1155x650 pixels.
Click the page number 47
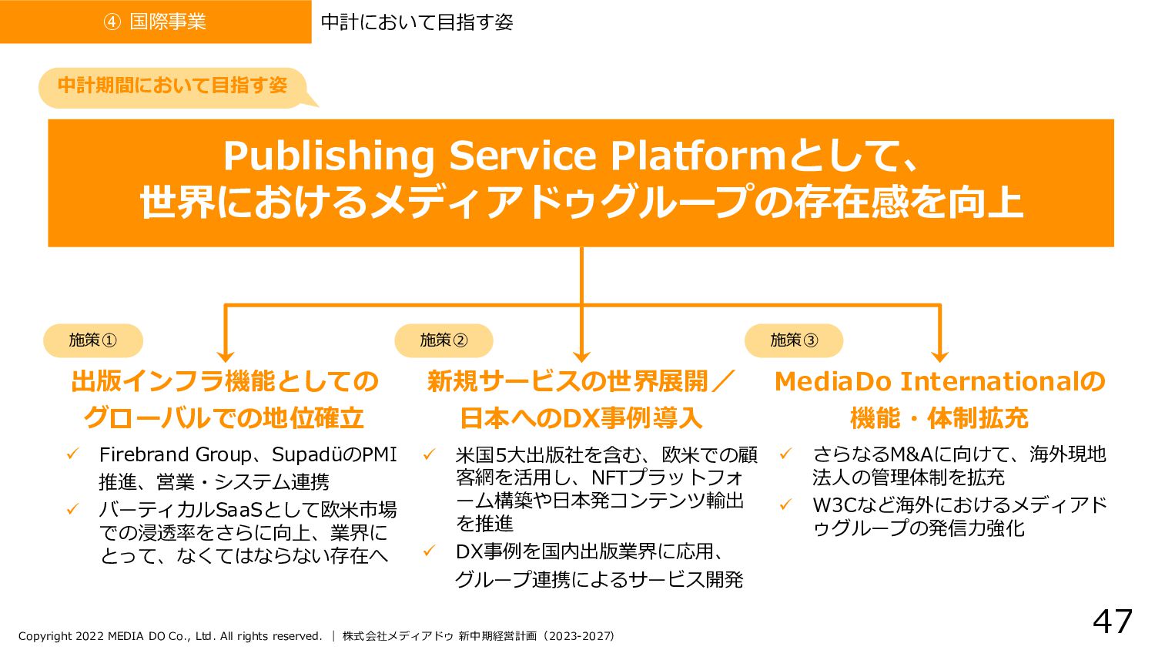[x=1112, y=622]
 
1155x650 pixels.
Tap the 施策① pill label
[x=92, y=340]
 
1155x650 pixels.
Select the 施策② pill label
[x=444, y=340]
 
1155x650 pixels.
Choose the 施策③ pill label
[x=794, y=340]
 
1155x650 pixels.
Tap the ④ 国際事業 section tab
[x=156, y=22]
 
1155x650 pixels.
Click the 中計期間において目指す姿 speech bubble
[x=172, y=85]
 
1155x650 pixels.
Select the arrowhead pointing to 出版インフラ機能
[x=225, y=355]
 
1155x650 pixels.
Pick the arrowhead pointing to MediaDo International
[x=939, y=355]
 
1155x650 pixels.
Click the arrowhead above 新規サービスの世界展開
[x=581, y=355]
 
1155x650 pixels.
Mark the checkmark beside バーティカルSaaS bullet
[x=73, y=509]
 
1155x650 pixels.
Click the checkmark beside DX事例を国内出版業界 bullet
[x=430, y=551]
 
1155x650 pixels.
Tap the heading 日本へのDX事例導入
[x=581, y=418]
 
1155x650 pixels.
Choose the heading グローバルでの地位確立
[x=223, y=418]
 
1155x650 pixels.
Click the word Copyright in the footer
[x=45, y=636]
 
